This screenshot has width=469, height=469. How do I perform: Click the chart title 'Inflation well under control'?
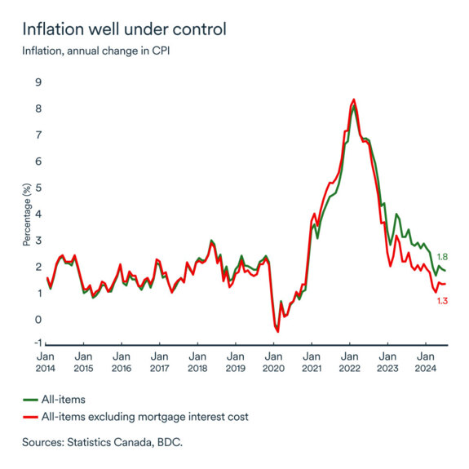click(124, 29)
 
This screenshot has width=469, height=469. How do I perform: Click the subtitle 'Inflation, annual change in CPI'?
click(100, 52)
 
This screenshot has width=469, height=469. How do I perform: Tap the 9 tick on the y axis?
click(37, 82)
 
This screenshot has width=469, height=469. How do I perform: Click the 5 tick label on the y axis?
click(37, 188)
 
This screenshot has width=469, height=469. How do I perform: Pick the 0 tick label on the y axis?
click(37, 319)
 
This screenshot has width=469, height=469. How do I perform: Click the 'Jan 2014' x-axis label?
click(46, 362)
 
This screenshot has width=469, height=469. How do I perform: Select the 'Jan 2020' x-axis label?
click(273, 362)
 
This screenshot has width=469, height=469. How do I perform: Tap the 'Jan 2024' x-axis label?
click(425, 362)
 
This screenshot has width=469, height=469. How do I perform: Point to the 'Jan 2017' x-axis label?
click(159, 362)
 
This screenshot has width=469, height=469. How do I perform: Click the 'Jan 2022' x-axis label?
click(349, 362)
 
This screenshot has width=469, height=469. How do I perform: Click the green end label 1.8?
click(443, 257)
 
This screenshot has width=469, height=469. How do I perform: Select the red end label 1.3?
click(443, 301)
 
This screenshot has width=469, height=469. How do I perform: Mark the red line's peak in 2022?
click(353, 100)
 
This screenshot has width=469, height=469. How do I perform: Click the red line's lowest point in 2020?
click(277, 331)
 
